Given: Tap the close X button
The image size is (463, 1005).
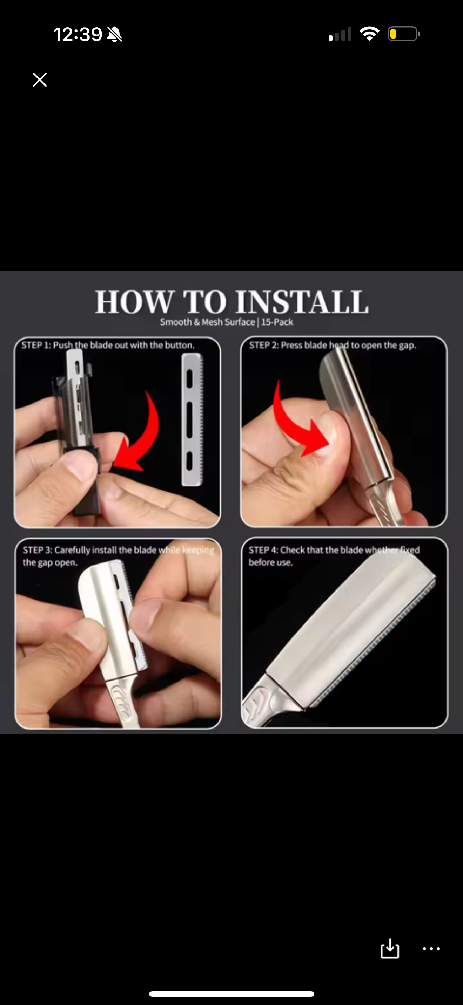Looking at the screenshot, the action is tap(40, 80).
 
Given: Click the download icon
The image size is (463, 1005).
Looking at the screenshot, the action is tap(390, 949).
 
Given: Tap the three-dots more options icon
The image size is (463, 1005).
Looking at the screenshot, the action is tap(431, 949).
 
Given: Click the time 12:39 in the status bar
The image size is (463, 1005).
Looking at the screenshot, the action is tap(78, 34).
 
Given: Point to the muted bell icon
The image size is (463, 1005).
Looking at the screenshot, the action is tap(114, 34).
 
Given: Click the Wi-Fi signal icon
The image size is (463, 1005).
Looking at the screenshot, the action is tap(369, 34).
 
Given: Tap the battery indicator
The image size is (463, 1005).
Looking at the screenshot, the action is tap(404, 34).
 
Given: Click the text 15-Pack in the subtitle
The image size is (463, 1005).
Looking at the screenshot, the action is tap(277, 322).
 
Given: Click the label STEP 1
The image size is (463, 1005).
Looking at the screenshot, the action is tap(36, 345).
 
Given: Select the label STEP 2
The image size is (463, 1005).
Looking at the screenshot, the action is tap(263, 345).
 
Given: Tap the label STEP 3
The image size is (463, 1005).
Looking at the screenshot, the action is tap(37, 550).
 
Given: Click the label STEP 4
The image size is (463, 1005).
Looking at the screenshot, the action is tap(263, 550).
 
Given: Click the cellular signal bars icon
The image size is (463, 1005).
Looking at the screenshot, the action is tap(340, 34).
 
